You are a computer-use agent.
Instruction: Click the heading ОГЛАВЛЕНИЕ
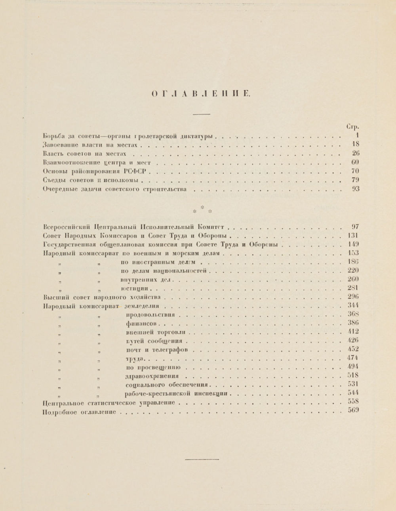pos(201,94)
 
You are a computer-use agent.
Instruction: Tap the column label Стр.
pos(352,127)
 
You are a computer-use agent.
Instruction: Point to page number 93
pos(355,189)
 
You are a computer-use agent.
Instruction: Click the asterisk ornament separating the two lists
pos(202,209)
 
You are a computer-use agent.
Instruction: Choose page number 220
pos(353,271)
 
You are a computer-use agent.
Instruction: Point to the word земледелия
pos(141,306)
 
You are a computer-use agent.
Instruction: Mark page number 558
pos(353,402)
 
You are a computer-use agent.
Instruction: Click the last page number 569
pos(353,410)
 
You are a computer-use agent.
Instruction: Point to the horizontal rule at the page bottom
pos(202,460)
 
